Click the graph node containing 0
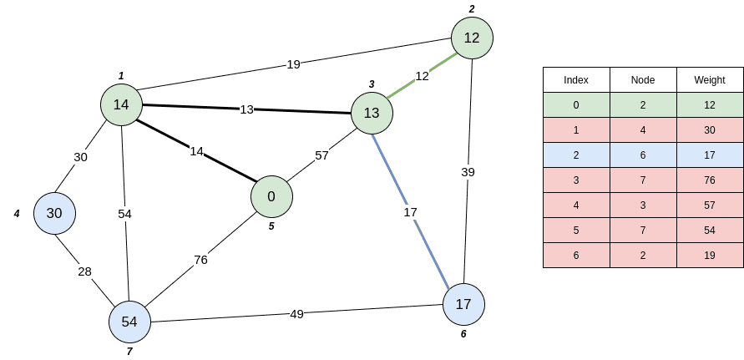[271, 196]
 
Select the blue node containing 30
[54, 213]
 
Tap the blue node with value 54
[129, 322]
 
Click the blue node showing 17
[463, 305]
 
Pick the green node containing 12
[472, 38]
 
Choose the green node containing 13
[372, 113]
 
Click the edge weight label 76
[200, 260]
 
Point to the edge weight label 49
[296, 314]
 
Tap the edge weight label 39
[468, 171]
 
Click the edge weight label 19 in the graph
[293, 63]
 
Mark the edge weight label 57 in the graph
[321, 155]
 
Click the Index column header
[576, 80]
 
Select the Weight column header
[710, 80]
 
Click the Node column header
[643, 80]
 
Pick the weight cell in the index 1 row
[710, 130]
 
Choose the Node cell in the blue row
[643, 155]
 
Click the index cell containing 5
[576, 231]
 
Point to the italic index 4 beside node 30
[17, 214]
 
